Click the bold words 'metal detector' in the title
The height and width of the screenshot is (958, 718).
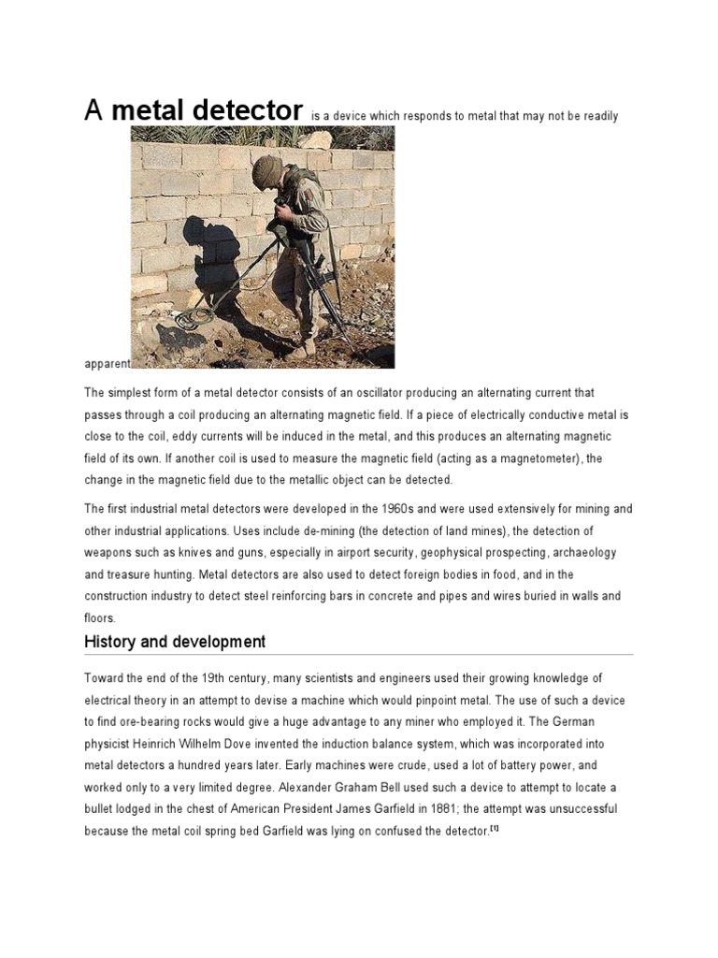208,109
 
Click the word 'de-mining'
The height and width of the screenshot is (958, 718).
362,531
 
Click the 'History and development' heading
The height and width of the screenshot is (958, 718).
175,642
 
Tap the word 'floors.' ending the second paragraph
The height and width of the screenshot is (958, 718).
99,617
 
